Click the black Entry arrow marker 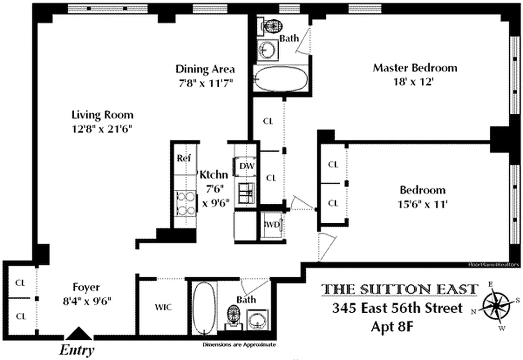point(79,333)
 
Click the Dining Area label point(205,69)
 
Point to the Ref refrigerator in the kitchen point(184,158)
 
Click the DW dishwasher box point(247,166)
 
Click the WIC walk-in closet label point(163,307)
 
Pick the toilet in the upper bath point(271,27)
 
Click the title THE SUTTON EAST point(399,289)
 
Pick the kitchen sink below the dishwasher point(246,193)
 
